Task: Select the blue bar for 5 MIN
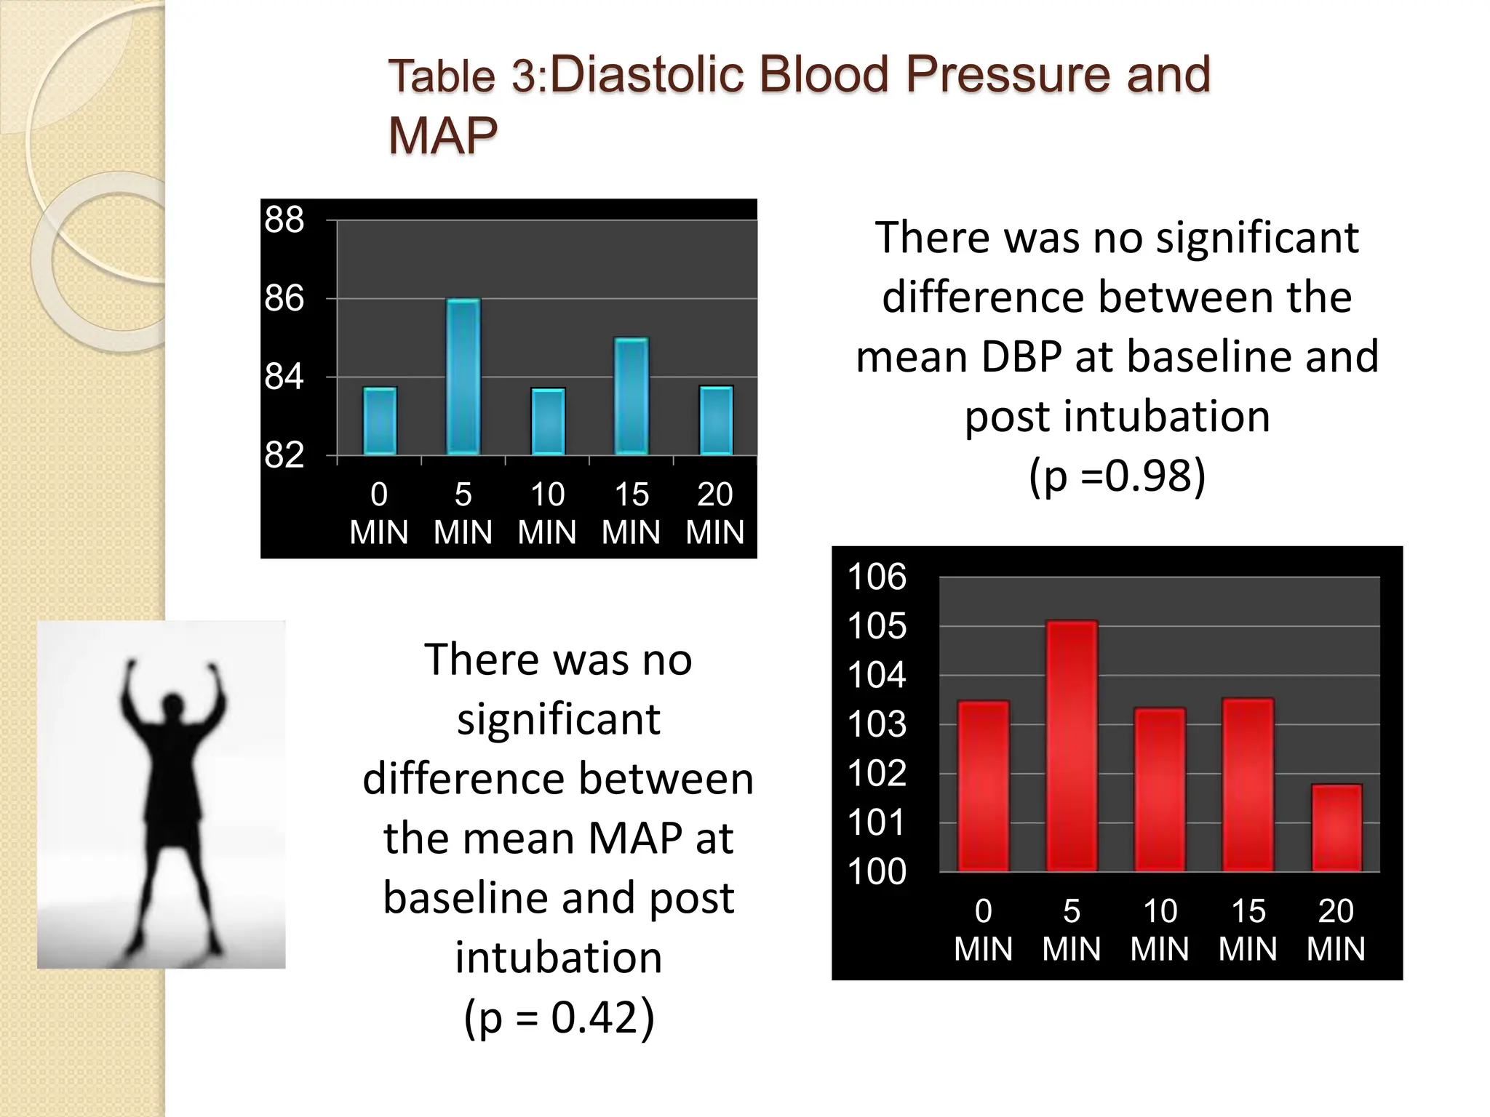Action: [463, 377]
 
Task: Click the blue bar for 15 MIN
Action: [631, 396]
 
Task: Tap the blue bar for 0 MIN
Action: [380, 421]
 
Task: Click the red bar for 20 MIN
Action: [1336, 828]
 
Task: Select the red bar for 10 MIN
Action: [1160, 789]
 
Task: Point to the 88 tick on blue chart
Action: [284, 220]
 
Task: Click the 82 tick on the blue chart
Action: [284, 456]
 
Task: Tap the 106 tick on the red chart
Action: [877, 577]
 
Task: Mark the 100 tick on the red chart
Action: [877, 871]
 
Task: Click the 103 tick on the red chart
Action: [877, 724]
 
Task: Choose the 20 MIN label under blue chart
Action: [714, 513]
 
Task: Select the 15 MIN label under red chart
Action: [1248, 929]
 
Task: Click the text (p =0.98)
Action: [1117, 476]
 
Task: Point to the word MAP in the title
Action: [442, 135]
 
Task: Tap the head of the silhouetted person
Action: [172, 704]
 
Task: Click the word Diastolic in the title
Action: [646, 75]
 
